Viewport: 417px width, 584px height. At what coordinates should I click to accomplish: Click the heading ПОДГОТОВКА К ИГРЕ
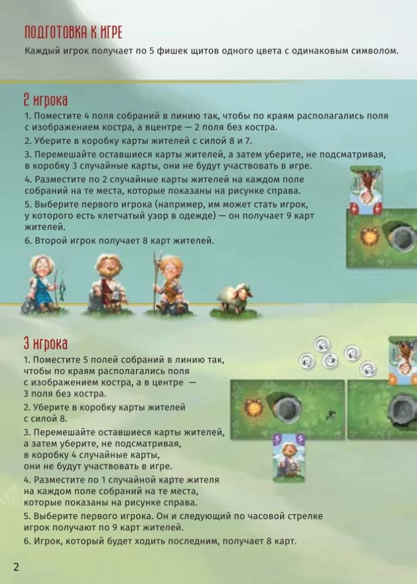[x=73, y=32]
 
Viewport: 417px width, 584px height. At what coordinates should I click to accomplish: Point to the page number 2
[x=16, y=567]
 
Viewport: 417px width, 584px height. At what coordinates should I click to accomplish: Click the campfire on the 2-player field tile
[x=370, y=237]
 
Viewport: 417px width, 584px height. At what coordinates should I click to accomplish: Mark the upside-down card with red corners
[x=365, y=190]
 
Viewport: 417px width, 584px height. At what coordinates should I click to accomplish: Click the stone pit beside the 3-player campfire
[x=286, y=407]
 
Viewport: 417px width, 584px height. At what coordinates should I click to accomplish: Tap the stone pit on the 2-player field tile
[x=402, y=239]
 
